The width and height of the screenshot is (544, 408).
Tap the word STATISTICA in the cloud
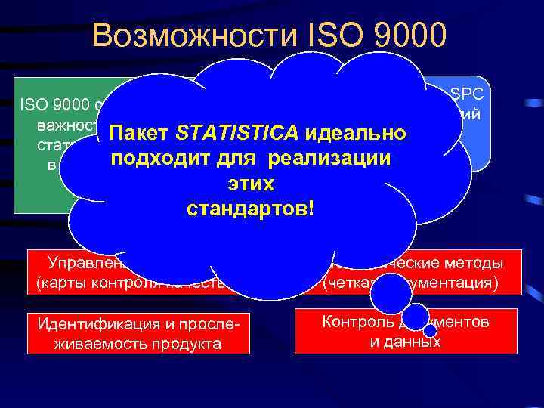230,134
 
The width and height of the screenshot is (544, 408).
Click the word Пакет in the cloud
139,134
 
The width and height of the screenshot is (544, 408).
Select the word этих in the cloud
249,183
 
